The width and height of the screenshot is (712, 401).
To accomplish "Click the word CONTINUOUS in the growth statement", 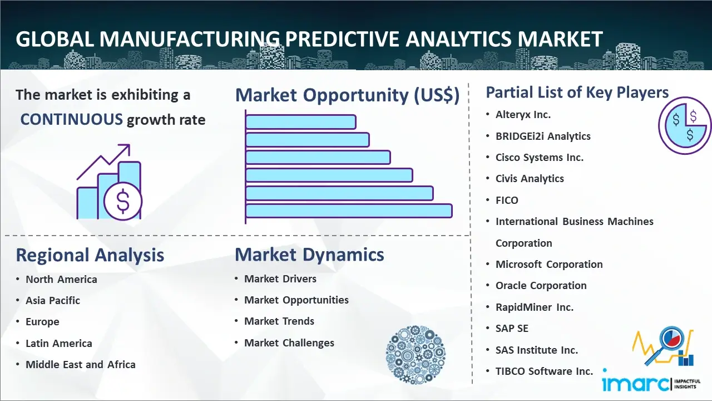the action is click(x=72, y=120).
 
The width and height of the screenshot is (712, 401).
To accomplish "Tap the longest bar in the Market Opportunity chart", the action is click(x=349, y=211).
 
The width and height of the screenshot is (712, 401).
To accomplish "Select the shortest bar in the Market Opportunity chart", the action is click(x=301, y=122).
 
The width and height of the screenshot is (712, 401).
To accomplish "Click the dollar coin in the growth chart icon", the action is click(x=123, y=201).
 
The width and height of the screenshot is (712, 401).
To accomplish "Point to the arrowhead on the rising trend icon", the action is click(x=126, y=148).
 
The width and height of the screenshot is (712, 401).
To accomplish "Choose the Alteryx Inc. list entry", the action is click(x=523, y=115).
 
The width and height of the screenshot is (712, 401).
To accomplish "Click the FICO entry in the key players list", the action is click(x=507, y=200).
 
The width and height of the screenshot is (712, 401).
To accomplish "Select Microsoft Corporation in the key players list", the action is click(x=549, y=264).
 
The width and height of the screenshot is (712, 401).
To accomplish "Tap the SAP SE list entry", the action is click(x=512, y=328).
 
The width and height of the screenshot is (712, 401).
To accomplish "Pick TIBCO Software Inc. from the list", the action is click(x=544, y=371).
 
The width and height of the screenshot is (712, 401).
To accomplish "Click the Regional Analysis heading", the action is click(x=90, y=255).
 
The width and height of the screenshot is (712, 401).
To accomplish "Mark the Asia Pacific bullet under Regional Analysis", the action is click(x=53, y=300).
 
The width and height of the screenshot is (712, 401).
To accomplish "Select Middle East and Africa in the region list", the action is click(x=81, y=364).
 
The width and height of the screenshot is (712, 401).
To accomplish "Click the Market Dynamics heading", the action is click(x=309, y=255).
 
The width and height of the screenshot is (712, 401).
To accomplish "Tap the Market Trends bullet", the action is click(x=279, y=321).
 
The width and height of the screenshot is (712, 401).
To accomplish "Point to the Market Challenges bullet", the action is click(x=289, y=343).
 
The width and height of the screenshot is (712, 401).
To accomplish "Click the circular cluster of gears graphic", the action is click(x=416, y=355).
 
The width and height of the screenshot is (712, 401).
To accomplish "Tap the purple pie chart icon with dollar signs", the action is click(x=685, y=125).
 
